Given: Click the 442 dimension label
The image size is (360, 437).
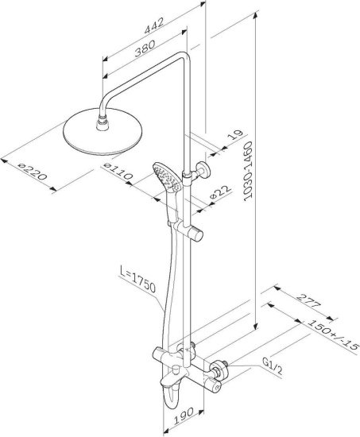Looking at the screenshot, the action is (153, 25).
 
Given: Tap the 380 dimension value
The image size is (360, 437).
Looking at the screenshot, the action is (145, 48).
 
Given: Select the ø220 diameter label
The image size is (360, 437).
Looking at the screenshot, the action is (32, 172).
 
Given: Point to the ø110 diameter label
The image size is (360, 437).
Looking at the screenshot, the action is (118, 172).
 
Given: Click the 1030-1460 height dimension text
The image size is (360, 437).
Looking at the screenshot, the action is (248, 171).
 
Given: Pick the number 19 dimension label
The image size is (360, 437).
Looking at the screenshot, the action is (234, 134).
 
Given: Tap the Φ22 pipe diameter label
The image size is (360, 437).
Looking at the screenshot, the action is (221, 191).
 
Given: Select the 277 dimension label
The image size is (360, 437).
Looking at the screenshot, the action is (308, 300).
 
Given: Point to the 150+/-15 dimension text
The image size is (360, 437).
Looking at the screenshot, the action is (333, 335).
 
